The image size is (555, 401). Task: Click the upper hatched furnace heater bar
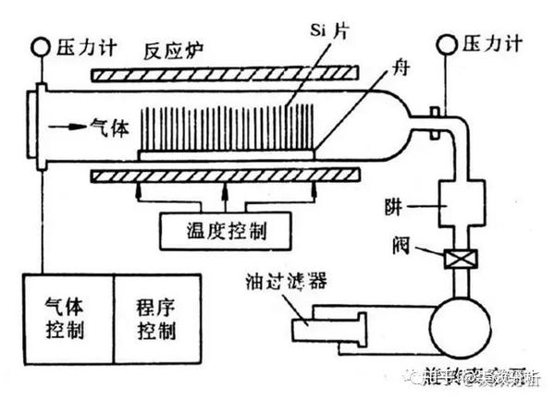pos(221,71)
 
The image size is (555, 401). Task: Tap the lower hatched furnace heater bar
pos(222,173)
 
